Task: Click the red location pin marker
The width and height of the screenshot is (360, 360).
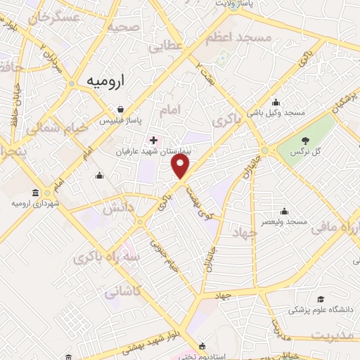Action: click(181, 166)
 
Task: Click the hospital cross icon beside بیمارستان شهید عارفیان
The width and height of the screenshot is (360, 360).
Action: click(154, 140)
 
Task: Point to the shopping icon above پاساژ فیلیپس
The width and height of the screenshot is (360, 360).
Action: click(122, 109)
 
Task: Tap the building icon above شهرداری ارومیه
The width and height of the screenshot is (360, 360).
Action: click(35, 193)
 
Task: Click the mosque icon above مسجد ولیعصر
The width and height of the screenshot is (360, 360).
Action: click(284, 211)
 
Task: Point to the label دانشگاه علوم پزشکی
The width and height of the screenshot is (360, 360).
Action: click(320, 310)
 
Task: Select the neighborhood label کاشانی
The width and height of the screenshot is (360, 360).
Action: click(126, 290)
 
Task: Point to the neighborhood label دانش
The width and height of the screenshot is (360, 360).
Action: click(118, 208)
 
